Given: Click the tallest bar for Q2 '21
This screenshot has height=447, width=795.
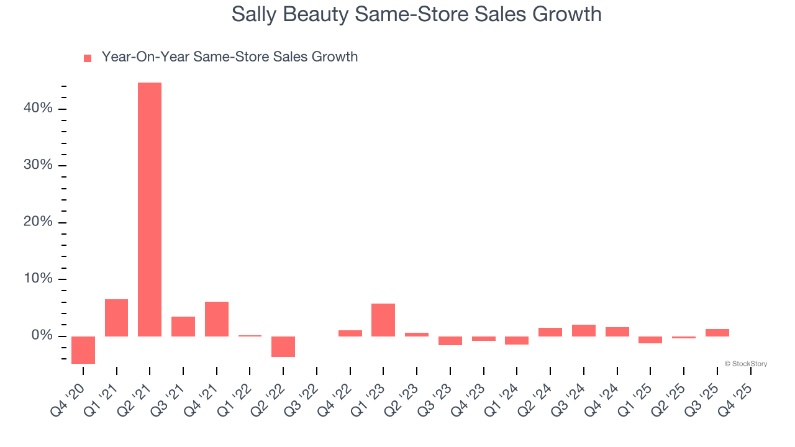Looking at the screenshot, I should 150,209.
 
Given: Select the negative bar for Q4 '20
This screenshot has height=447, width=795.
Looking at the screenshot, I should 83,350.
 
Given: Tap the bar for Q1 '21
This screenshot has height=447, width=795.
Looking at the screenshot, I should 116,318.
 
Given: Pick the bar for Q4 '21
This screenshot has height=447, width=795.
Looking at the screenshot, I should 217,319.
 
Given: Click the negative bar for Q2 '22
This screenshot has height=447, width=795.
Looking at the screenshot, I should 283,346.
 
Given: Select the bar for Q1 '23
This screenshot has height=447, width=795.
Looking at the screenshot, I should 383,320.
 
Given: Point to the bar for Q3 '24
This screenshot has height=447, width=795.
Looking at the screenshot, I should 584,330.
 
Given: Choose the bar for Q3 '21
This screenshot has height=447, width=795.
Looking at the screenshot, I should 183,327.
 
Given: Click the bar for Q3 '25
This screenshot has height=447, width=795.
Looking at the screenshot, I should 717,333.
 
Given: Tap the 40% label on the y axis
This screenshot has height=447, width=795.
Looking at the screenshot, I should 38,109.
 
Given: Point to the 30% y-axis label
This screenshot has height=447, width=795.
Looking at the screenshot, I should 38,165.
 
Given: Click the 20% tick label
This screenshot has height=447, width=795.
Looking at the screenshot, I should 38,222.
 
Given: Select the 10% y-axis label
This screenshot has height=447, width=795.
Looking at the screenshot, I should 38,279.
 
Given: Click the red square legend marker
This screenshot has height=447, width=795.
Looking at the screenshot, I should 88,58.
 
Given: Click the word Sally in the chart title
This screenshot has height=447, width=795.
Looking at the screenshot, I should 253,14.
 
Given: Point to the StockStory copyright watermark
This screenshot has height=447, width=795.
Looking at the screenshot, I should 745,364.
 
